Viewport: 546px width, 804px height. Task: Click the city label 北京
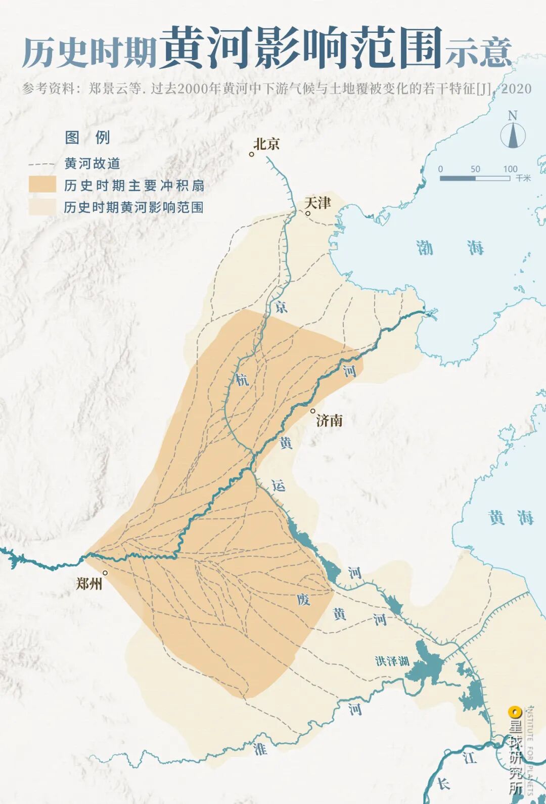(266, 144)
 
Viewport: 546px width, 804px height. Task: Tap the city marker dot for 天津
(307, 213)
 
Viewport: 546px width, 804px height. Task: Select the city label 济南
(329, 420)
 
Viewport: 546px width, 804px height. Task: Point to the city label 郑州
(89, 584)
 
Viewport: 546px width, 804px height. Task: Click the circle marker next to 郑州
(106, 573)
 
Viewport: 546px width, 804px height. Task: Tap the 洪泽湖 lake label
(392, 661)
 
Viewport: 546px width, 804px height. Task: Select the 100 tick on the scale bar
(510, 169)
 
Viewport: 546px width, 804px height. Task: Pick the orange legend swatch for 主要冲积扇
(42, 185)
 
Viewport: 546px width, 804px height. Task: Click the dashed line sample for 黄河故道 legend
(42, 164)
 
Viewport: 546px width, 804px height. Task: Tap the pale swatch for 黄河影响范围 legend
(42, 207)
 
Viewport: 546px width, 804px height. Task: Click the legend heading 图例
(87, 138)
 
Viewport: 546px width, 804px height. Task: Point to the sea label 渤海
(450, 248)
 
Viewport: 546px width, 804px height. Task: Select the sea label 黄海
(511, 517)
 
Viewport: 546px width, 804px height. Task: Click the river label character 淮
(260, 748)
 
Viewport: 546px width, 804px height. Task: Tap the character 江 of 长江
(469, 757)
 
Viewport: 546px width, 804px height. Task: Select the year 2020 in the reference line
(517, 89)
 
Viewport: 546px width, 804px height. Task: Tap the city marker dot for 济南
(313, 411)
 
